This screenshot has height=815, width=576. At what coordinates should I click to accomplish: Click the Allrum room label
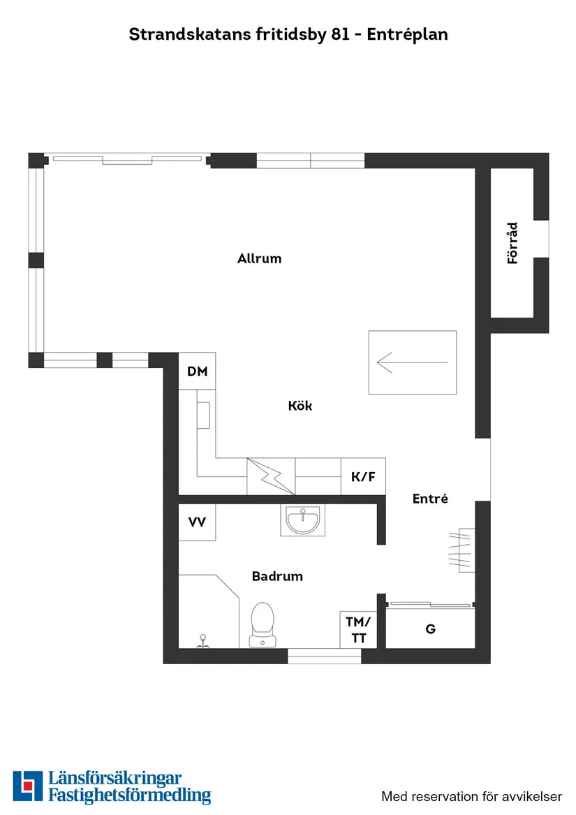(260, 258)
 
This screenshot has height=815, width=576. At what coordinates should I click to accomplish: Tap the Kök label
(300, 406)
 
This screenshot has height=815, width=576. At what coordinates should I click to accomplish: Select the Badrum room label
(277, 576)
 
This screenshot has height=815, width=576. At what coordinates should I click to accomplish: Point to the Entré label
(430, 499)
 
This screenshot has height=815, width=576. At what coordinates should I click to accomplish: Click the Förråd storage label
(512, 243)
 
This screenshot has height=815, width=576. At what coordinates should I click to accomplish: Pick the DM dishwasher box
(197, 371)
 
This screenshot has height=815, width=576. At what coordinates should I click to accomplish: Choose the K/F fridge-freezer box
(363, 476)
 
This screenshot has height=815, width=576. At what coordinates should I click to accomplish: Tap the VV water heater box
(197, 522)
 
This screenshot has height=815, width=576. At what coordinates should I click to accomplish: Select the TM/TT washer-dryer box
(358, 629)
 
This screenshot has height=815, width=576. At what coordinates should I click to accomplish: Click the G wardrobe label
(431, 629)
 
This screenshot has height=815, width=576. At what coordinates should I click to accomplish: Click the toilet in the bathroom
(263, 625)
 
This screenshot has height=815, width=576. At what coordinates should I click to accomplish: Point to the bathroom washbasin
(302, 520)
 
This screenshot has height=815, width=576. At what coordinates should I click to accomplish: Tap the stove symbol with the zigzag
(271, 476)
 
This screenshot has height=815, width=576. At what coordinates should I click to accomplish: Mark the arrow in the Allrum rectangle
(412, 362)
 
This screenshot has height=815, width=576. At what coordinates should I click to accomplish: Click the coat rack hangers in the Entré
(461, 550)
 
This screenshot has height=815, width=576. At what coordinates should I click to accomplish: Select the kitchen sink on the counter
(203, 416)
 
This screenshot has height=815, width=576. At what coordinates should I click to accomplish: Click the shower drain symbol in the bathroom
(202, 641)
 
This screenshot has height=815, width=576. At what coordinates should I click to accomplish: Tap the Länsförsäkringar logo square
(27, 786)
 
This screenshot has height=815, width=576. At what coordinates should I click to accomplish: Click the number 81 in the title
(340, 34)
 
